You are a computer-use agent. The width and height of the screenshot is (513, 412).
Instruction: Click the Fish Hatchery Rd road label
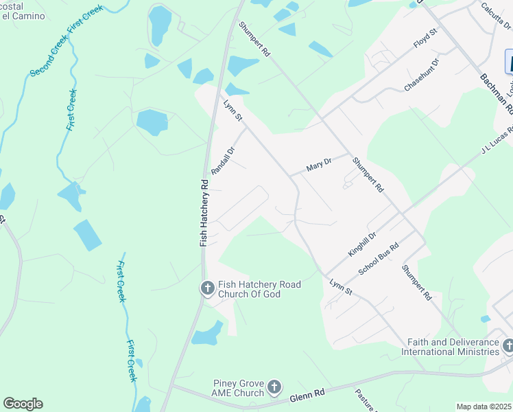click(204, 213)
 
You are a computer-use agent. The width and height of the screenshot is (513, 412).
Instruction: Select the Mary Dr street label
click(318, 165)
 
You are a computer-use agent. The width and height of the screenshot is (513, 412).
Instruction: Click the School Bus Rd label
click(379, 260)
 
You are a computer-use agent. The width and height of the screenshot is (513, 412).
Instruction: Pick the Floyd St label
click(425, 38)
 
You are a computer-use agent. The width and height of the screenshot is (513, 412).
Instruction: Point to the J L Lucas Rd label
click(497, 141)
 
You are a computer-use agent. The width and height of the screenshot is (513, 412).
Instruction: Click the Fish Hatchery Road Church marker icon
click(207, 289)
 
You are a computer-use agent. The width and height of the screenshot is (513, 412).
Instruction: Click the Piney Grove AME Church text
click(239, 388)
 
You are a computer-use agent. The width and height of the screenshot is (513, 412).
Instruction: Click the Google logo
click(23, 404)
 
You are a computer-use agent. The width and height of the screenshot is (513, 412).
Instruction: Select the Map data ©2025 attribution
click(484, 407)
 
